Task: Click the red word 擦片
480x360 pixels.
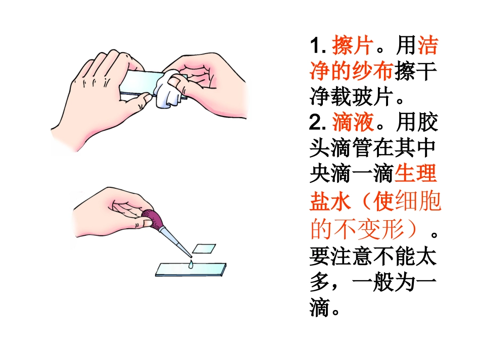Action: pyautogui.click(x=353, y=46)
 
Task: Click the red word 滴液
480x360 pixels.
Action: pyautogui.click(x=353, y=122)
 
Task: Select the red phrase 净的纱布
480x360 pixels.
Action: pyautogui.click(x=351, y=72)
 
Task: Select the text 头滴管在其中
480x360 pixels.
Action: pyautogui.click(x=373, y=148)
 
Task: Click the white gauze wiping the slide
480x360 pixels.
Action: pyautogui.click(x=167, y=91)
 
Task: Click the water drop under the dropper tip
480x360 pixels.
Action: pyautogui.click(x=190, y=265)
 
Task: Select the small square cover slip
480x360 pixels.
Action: pyautogui.click(x=205, y=248)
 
